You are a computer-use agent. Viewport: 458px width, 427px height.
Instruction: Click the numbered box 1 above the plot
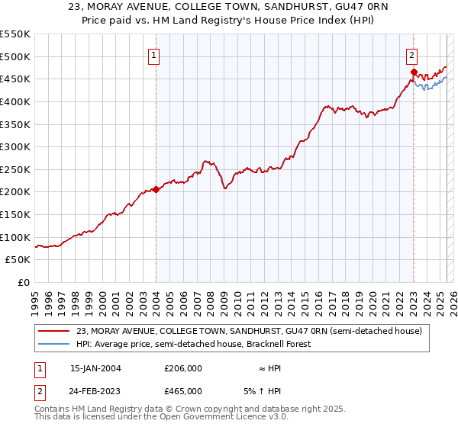coord(154,55)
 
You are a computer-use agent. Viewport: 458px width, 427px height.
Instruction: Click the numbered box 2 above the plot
coord(411,55)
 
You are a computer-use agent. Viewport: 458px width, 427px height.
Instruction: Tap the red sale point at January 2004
coord(156,189)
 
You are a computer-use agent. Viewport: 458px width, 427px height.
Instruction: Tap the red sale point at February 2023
coord(414,72)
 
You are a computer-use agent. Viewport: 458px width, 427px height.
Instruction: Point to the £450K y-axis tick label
coord(15,79)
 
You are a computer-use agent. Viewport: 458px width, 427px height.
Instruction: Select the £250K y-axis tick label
coord(15,169)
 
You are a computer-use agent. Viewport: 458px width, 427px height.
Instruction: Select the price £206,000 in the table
coord(183,368)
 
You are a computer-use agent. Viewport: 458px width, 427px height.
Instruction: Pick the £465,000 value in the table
coord(183,390)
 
